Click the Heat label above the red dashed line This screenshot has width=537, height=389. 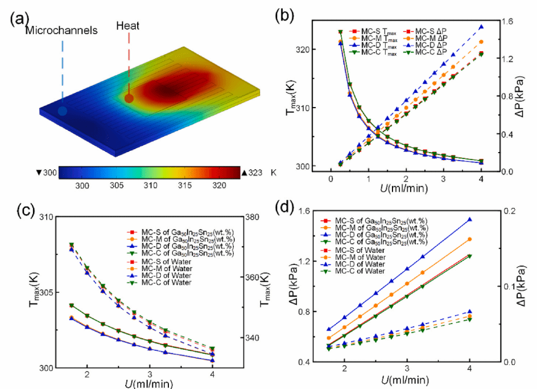[128, 26]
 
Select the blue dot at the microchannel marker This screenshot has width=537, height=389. [62, 111]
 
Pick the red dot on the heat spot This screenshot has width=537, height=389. [129, 98]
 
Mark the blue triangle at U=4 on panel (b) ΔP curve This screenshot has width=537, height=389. [481, 27]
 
